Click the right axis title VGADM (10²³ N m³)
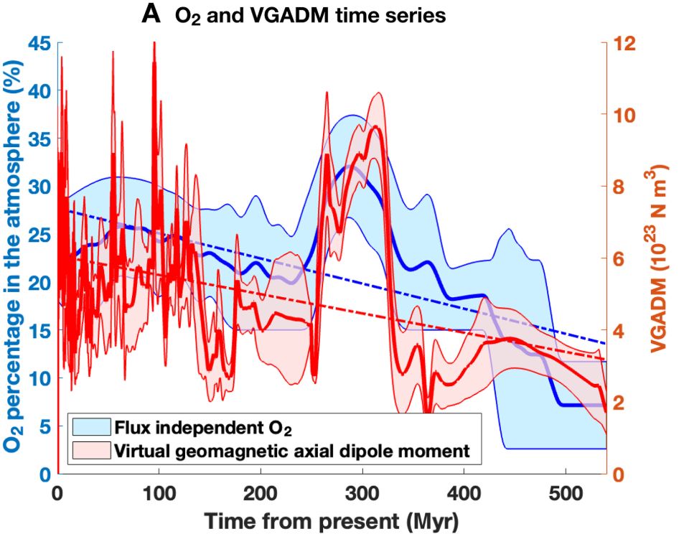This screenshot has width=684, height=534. coord(660,258)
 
